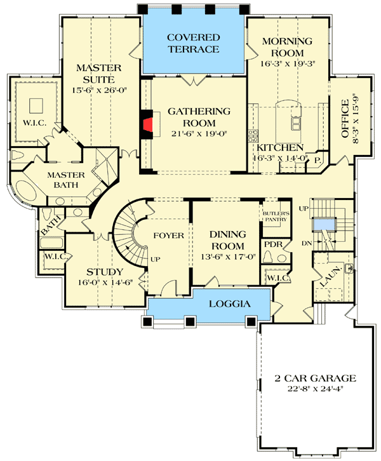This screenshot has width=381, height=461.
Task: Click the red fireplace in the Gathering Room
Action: click(147, 123)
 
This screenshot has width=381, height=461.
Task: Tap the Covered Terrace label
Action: click(193, 43)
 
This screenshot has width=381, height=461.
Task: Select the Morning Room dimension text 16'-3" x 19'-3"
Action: click(288, 63)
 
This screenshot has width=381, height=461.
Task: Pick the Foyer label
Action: click(168, 236)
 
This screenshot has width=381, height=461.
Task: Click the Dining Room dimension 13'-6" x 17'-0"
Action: click(227, 257)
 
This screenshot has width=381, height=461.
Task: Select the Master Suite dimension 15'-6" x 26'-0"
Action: click(95, 90)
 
